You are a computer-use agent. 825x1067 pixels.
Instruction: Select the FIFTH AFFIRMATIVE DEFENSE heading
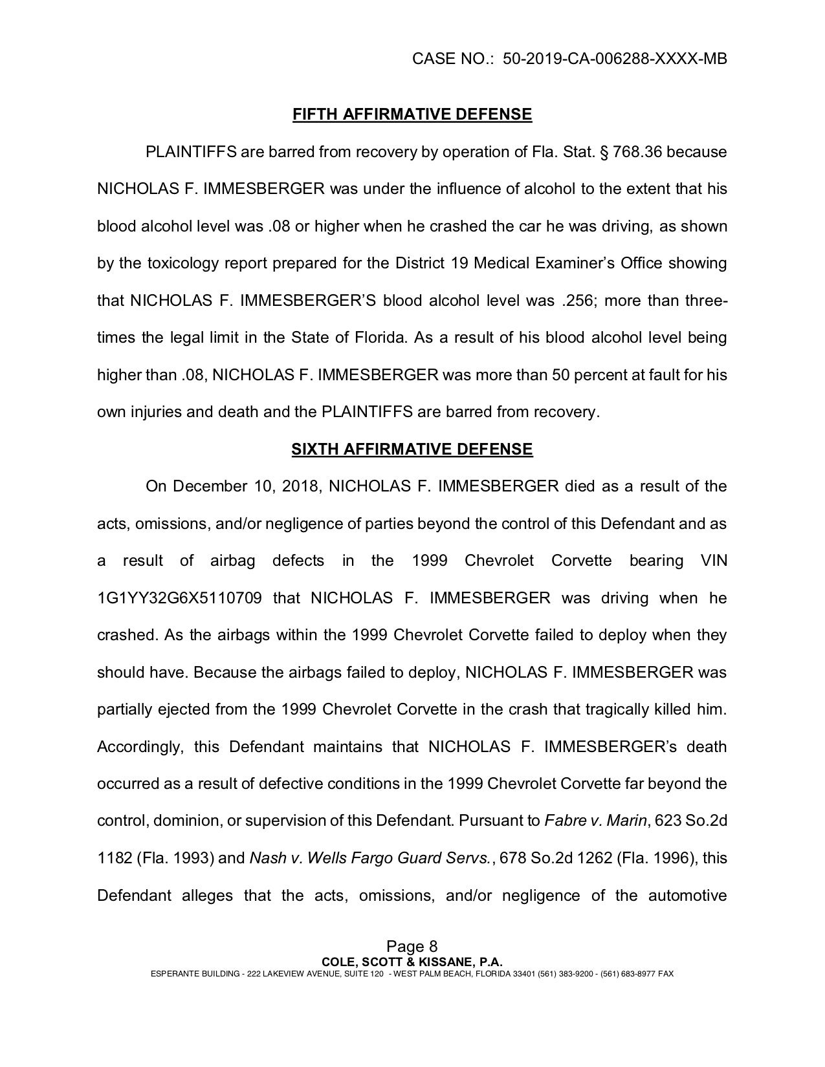pyautogui.click(x=412, y=115)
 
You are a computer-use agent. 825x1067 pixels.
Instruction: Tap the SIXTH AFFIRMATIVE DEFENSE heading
pyautogui.click(x=412, y=449)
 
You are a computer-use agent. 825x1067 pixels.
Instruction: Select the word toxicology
pyautogui.click(x=182, y=264)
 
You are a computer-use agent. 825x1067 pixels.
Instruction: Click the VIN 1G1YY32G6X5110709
pyautogui.click(x=179, y=598)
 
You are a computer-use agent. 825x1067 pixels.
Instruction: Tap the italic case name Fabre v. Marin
pyautogui.click(x=596, y=821)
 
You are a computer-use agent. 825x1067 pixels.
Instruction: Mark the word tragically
pyautogui.click(x=620, y=710)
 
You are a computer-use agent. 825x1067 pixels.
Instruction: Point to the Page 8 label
pyautogui.click(x=412, y=947)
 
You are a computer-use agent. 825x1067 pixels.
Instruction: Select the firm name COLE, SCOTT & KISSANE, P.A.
pyautogui.click(x=412, y=962)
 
